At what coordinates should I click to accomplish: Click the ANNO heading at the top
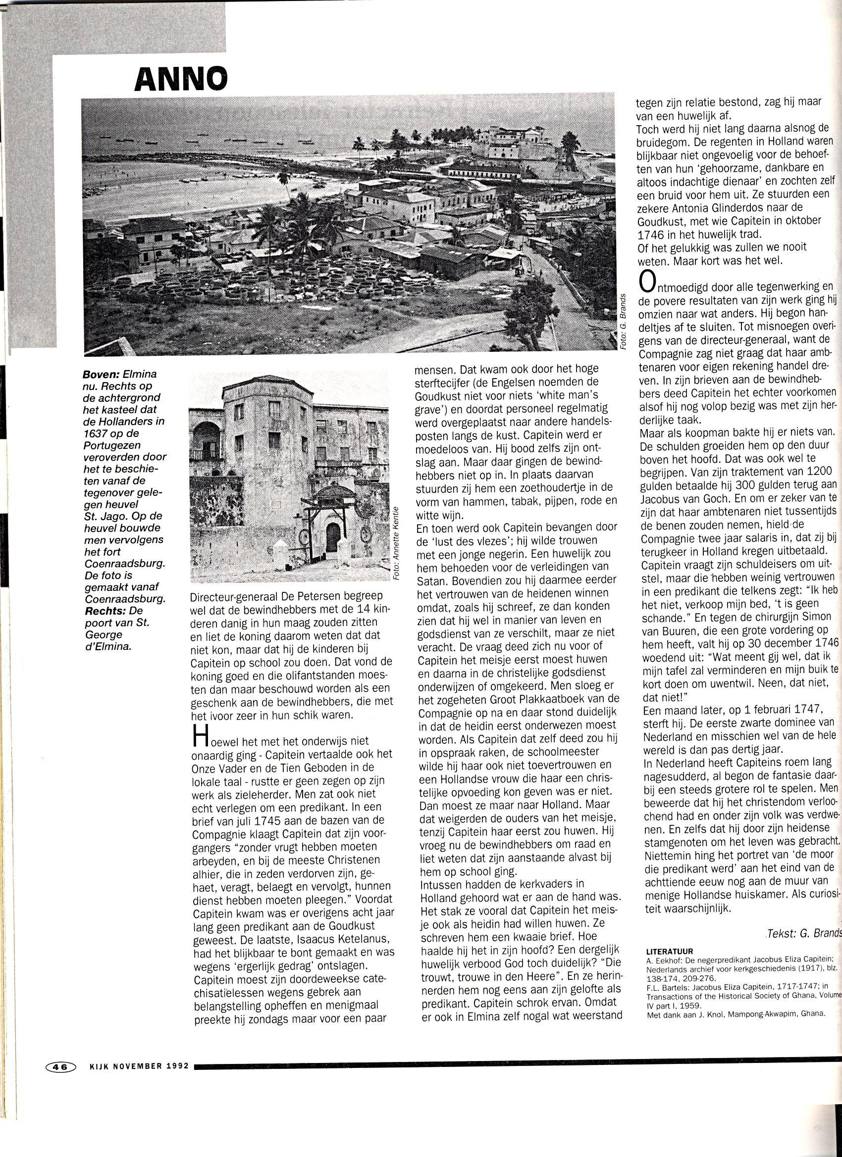click(181, 79)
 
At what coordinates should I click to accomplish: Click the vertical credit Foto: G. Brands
click(623, 322)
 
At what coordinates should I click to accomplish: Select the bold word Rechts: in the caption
click(106, 611)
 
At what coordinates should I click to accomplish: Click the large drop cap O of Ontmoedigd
click(647, 282)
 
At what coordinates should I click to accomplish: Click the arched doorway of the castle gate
click(333, 536)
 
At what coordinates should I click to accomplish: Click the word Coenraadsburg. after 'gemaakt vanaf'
click(125, 599)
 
